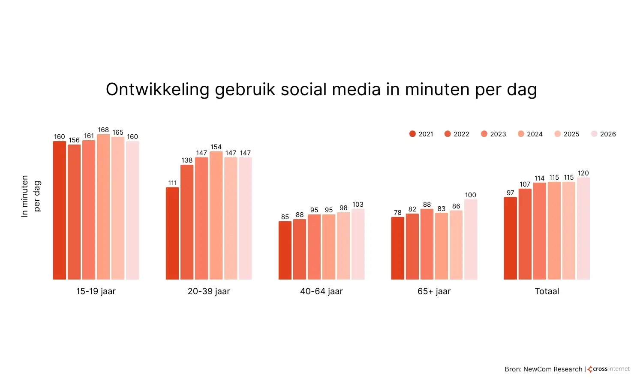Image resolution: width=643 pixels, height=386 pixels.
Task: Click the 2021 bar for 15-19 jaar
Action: click(x=60, y=210)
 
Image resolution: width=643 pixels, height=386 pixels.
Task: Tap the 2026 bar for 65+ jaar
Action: click(x=471, y=239)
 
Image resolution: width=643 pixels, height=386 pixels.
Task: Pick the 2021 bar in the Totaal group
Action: click(x=510, y=238)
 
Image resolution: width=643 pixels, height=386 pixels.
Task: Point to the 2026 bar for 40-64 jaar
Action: click(x=358, y=244)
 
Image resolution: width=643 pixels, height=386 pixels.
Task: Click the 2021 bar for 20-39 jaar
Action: click(x=172, y=233)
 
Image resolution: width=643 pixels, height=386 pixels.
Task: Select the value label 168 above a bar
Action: click(x=103, y=130)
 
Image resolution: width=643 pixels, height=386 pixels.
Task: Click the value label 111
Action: click(x=172, y=183)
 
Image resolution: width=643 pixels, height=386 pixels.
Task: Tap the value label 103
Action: click(x=358, y=205)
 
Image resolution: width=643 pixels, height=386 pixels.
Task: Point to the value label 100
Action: click(x=471, y=195)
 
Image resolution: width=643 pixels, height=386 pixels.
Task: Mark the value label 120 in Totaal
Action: click(x=583, y=173)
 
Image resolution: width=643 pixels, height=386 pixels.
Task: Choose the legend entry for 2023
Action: click(x=493, y=134)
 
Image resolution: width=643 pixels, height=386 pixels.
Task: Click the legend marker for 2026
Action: click(x=594, y=134)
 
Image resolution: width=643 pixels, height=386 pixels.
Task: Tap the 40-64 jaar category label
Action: click(x=321, y=291)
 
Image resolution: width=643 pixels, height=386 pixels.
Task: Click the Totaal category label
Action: click(x=547, y=291)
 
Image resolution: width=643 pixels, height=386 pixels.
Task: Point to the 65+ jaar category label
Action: click(x=434, y=291)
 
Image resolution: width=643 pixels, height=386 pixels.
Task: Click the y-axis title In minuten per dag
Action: click(x=31, y=196)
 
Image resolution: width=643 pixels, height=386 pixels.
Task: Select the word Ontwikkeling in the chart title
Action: click(x=158, y=90)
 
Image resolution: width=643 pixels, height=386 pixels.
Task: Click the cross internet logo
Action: click(x=609, y=369)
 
